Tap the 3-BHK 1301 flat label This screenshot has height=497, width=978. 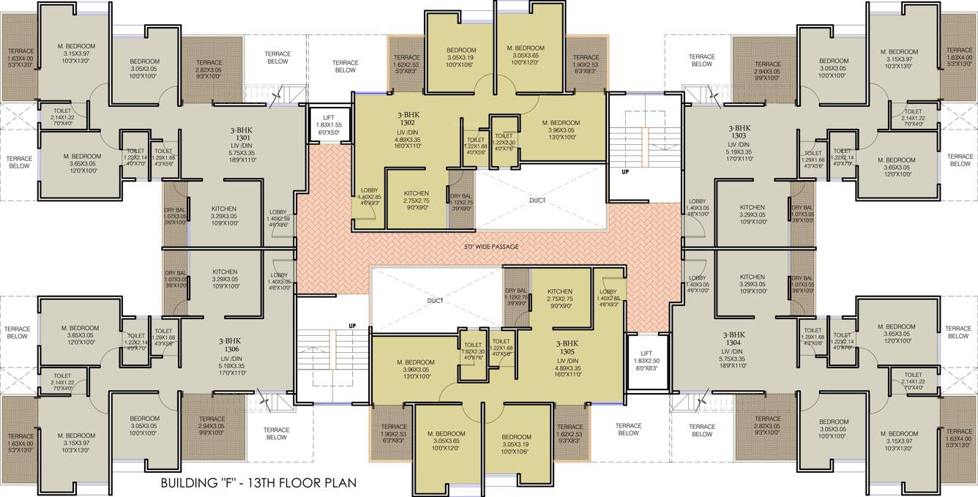coord(243,137)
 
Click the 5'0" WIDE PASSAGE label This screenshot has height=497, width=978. coord(489,247)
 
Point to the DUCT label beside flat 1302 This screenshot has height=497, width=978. coord(537,198)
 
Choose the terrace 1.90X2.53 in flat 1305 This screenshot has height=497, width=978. coord(393,432)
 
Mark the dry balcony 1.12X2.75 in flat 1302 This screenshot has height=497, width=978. coord(460,201)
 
